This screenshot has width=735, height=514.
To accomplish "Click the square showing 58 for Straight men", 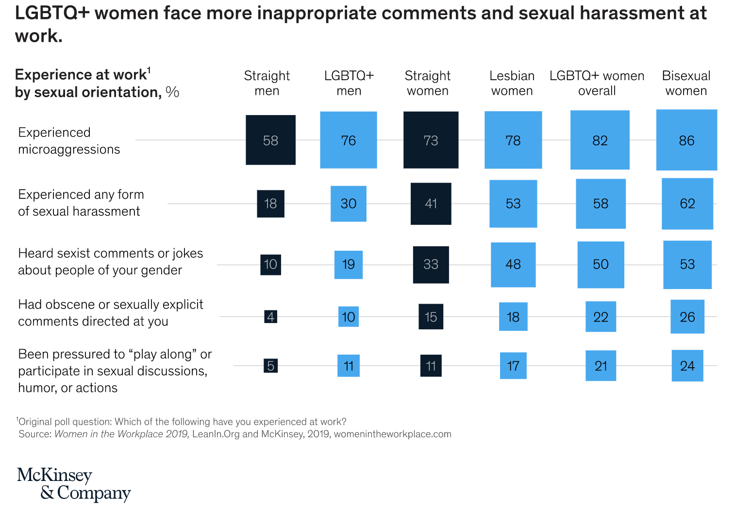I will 270,140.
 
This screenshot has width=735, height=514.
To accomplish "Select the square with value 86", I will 686,140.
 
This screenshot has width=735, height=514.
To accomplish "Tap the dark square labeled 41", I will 431,204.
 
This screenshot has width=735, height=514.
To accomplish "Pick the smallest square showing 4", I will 270,317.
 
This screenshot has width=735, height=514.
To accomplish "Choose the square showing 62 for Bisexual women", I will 687,204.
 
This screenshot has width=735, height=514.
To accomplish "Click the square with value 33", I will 431,264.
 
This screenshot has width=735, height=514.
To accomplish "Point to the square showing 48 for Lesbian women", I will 513,264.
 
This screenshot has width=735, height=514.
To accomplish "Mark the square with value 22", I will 601,317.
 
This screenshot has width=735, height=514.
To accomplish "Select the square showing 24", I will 687,365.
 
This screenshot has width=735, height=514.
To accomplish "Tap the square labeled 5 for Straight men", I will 271,365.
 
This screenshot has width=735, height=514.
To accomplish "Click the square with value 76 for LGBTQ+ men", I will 348,140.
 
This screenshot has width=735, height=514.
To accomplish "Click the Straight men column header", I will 267,83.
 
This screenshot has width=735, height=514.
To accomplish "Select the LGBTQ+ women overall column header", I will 597,83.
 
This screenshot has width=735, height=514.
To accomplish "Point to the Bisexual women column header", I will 686,83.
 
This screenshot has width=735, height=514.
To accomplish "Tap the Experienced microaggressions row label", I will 69,141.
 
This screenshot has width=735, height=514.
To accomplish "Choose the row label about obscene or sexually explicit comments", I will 110,313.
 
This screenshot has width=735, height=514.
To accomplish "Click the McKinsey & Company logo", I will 74,484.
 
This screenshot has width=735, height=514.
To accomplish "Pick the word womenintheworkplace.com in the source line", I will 392,434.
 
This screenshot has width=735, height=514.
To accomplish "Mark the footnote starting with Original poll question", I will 182,422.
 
